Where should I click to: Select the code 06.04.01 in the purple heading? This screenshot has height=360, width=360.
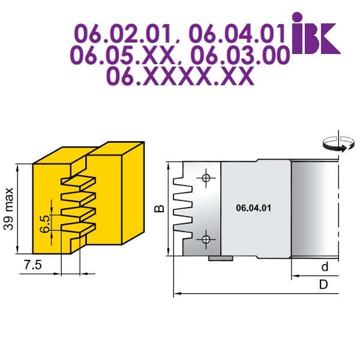pos(237,34)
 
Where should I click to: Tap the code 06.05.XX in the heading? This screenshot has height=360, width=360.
pos(122,55)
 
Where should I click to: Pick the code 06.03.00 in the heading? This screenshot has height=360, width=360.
pos(240,55)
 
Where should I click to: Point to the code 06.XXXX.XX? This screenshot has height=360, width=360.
pos(180,76)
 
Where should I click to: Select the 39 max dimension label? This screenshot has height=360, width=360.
pos(9,209)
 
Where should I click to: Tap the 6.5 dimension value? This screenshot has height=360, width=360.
pos(45,224)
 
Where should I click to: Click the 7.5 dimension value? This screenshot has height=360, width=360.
pos(33,265)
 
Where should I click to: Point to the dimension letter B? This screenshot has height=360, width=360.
pos(159,208)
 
